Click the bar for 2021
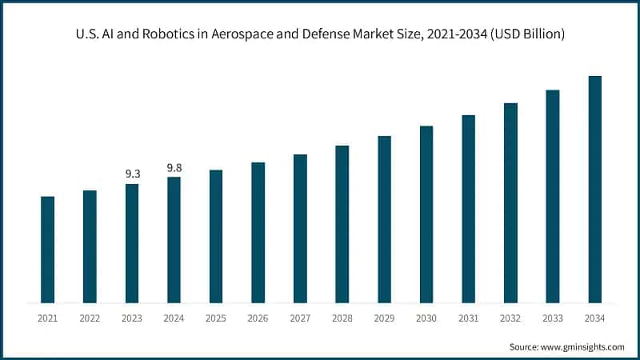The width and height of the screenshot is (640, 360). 47,250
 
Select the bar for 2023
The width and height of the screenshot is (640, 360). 131,243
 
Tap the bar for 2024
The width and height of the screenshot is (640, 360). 174,240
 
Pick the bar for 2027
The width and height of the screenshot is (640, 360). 300,229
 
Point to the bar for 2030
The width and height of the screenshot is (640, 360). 426,214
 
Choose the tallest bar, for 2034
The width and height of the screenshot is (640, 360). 594,190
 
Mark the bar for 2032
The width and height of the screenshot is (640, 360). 510,203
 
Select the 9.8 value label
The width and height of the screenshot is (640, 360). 174,167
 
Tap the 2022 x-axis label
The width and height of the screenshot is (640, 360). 90,318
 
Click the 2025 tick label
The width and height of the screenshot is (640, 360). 216,318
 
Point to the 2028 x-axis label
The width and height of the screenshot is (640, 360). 342,318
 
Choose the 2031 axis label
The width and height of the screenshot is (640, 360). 468,318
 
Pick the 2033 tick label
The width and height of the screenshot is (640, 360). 552,318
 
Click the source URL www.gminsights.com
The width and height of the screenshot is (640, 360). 584,347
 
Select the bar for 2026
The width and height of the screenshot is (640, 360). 258,233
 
